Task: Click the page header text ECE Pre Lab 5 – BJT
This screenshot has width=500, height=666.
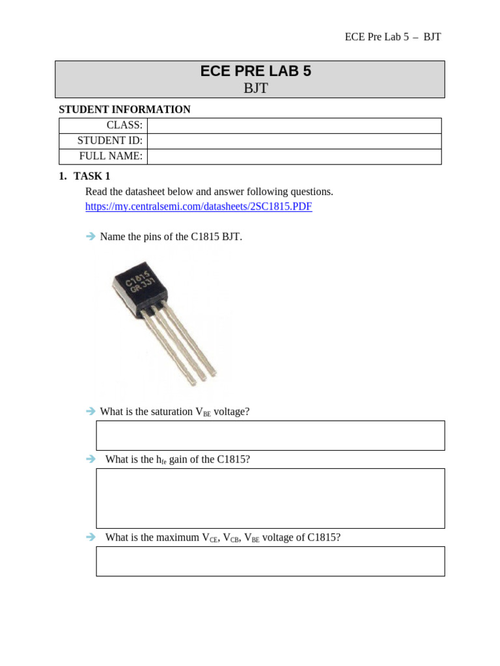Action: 393,36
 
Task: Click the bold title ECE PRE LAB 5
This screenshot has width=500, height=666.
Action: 256,72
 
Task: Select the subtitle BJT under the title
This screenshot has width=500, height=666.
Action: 256,88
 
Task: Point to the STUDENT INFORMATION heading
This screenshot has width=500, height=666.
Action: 124,109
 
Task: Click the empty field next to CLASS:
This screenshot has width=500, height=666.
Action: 294,126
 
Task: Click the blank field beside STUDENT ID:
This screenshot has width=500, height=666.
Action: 294,141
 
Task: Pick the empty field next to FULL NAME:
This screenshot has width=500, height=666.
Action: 294,157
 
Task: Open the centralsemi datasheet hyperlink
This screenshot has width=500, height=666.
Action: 199,206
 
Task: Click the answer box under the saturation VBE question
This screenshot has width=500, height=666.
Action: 270,435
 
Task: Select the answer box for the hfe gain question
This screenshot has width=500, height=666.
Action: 270,498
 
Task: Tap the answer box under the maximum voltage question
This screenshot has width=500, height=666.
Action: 270,561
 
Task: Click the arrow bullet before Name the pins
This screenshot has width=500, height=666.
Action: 90,237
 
